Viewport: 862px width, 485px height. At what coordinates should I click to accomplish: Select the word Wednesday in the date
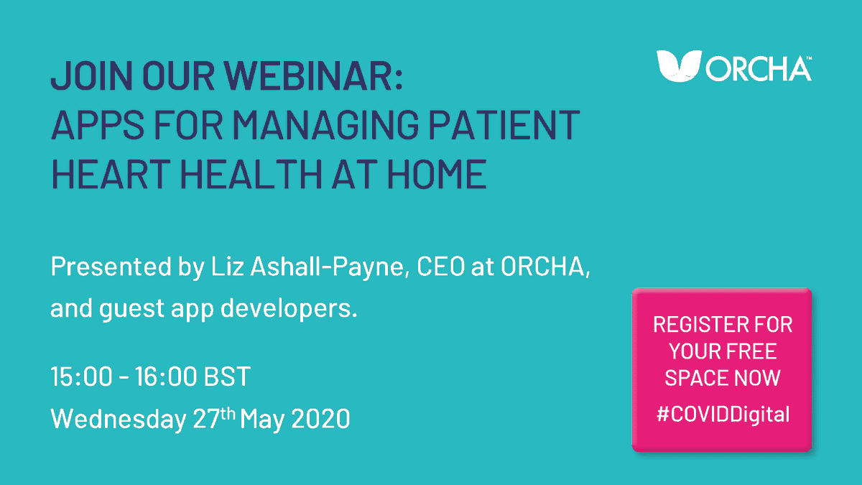point(117,419)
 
